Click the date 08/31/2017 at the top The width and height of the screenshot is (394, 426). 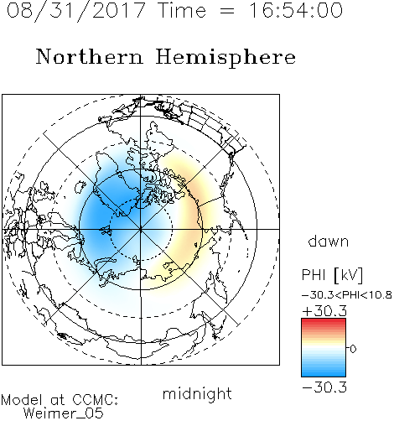(76, 11)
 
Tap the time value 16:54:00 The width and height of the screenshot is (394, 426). (296, 10)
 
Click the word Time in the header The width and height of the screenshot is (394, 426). (182, 10)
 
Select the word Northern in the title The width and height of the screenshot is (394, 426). (90, 56)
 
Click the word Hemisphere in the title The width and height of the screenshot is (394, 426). (226, 58)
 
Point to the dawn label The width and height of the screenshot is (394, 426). (329, 241)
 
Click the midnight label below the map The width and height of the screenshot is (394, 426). (197, 393)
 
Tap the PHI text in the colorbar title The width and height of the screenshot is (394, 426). (314, 275)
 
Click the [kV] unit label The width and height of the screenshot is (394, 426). (349, 275)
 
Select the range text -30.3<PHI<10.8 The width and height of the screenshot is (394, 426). (347, 295)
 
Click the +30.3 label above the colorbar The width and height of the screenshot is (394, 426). (324, 311)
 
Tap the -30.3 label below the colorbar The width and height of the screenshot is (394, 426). (324, 387)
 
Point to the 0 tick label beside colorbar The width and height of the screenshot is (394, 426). (353, 349)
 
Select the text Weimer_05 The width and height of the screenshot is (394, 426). (64, 413)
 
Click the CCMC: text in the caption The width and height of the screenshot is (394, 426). (96, 400)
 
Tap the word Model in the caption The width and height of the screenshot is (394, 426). (22, 400)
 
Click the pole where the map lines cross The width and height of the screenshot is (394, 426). (141, 229)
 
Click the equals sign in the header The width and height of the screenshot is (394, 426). (227, 11)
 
